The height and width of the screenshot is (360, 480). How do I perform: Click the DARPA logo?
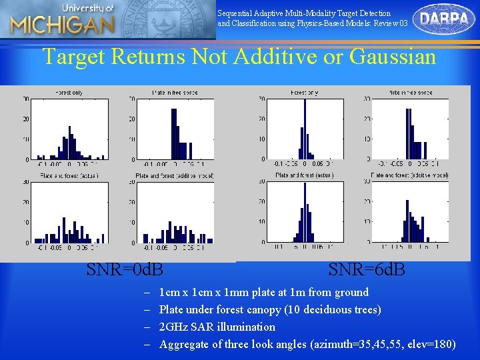tap(444, 19)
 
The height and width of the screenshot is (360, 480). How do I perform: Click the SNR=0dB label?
tap(125, 270)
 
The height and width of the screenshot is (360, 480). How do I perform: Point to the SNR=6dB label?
tap(367, 270)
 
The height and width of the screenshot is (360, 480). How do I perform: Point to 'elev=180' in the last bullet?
tap(433, 344)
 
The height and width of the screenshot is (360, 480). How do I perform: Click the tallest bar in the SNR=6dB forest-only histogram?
tap(305, 130)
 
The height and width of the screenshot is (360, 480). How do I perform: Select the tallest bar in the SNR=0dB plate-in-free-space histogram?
tap(174, 133)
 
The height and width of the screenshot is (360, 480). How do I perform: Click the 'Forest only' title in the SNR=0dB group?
tap(68, 93)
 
